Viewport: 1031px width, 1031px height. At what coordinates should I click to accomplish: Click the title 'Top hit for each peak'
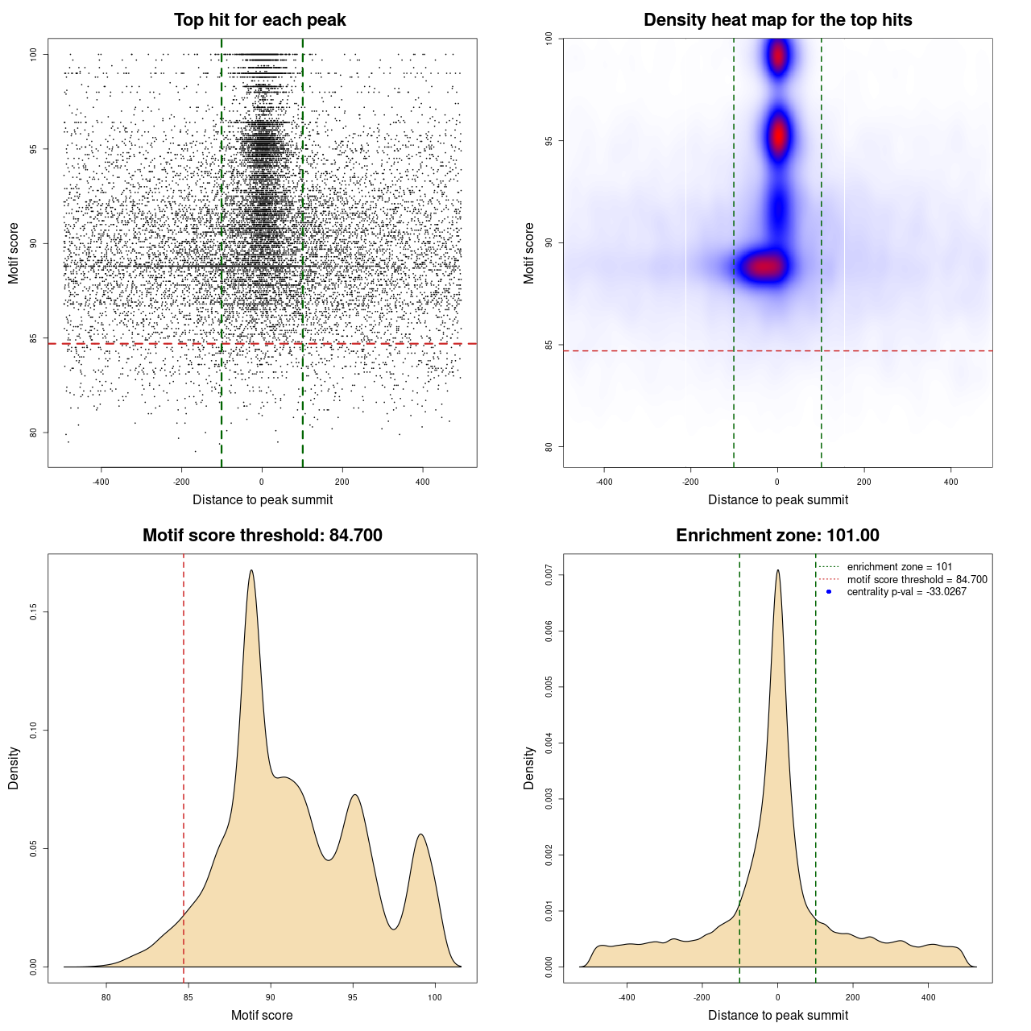[x=259, y=20]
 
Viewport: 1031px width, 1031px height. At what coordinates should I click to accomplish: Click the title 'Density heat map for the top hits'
[x=777, y=20]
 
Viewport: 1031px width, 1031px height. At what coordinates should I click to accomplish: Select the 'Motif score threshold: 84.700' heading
[x=262, y=536]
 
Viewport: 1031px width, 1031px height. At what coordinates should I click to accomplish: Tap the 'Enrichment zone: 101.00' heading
[x=777, y=536]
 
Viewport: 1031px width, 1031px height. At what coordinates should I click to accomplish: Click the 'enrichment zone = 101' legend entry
[x=899, y=567]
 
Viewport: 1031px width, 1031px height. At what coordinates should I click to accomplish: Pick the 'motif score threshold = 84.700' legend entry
[x=917, y=580]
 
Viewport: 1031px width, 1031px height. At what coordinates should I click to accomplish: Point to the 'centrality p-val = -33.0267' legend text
[x=906, y=592]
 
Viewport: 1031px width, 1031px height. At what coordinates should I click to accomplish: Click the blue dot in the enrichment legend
[x=829, y=592]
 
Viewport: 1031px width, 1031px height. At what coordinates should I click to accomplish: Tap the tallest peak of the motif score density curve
[x=251, y=571]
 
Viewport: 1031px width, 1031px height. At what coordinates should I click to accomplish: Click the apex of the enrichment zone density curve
[x=778, y=571]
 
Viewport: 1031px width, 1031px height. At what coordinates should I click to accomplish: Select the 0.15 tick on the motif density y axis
[x=33, y=612]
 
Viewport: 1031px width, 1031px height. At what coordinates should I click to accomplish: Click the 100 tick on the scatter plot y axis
[x=33, y=54]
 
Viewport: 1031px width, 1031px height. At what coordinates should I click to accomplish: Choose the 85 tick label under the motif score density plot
[x=188, y=997]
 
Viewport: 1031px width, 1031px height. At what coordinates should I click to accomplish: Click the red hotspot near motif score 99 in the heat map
[x=777, y=56]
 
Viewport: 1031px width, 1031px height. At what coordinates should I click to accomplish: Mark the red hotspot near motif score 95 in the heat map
[x=778, y=137]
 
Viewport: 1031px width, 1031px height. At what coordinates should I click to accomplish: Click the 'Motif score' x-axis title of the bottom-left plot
[x=262, y=1016]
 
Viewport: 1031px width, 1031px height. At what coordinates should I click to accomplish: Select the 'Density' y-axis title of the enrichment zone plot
[x=529, y=768]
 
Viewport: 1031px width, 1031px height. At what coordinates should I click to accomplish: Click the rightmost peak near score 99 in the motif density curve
[x=420, y=835]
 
